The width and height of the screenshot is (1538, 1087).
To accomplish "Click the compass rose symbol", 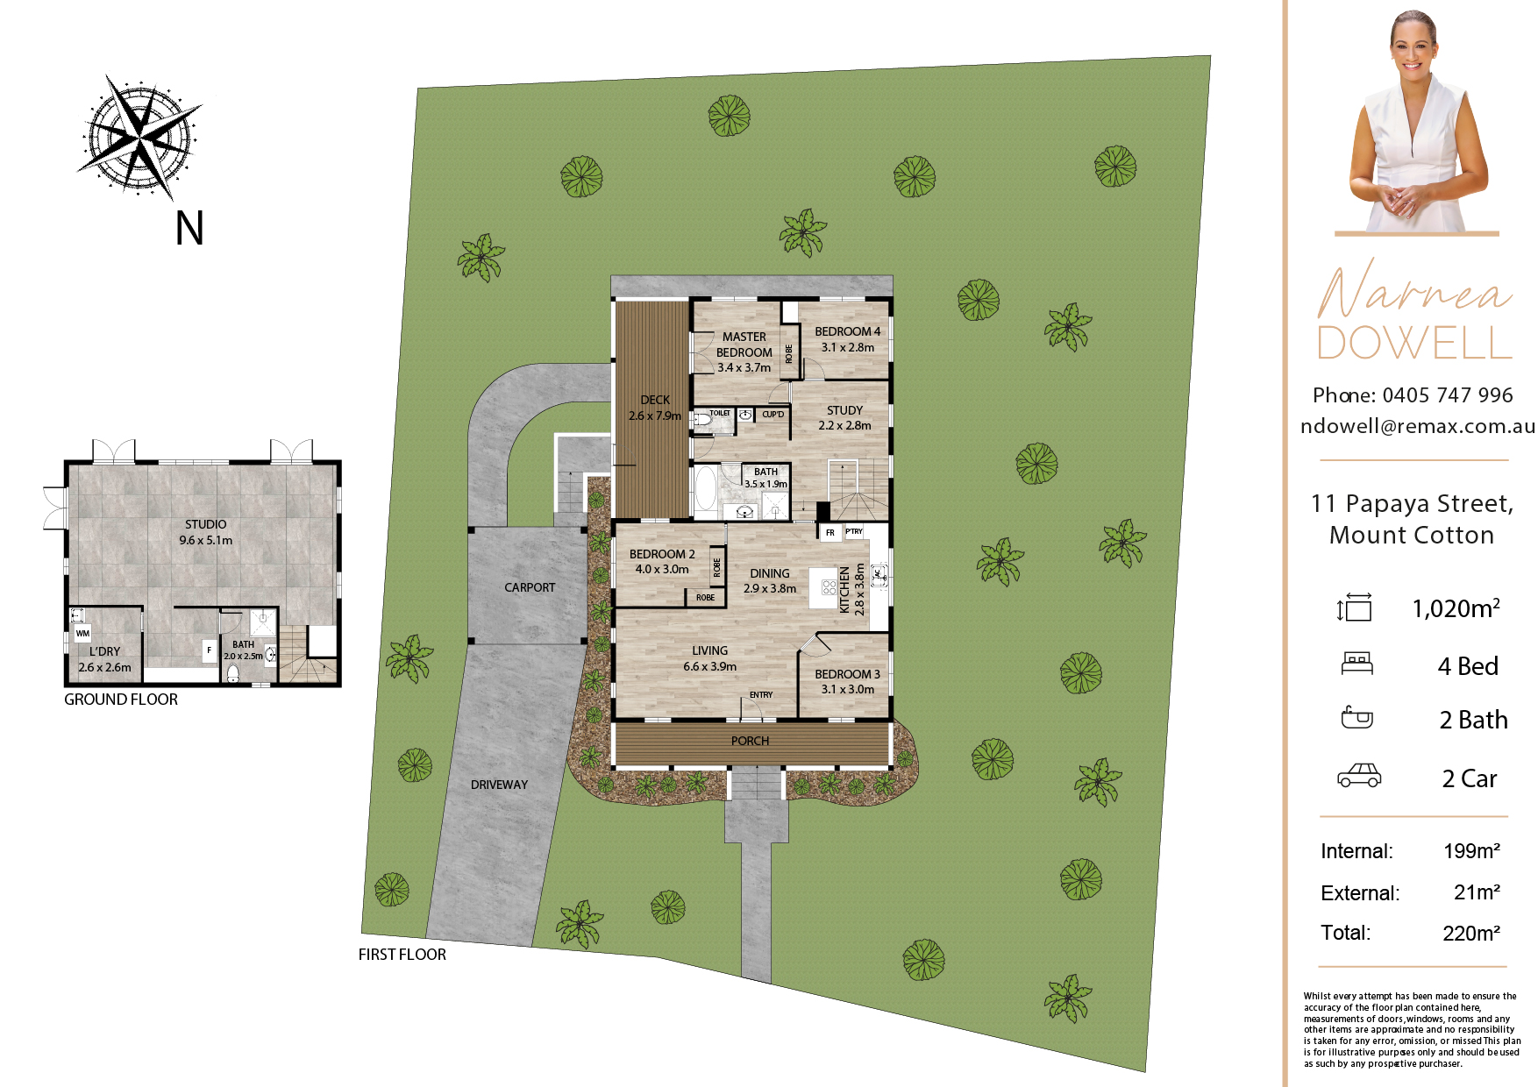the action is [x=140, y=137].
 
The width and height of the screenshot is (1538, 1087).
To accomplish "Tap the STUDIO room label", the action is [x=205, y=524].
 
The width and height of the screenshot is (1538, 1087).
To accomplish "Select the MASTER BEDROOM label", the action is [x=744, y=345].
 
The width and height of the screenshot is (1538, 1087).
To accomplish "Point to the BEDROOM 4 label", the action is [x=847, y=331].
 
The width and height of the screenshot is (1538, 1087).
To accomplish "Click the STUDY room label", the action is [x=844, y=410].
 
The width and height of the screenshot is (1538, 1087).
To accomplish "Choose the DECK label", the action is [x=655, y=400].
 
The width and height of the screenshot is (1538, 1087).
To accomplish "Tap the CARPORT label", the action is [x=530, y=587].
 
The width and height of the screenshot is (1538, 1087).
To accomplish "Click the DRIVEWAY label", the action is [x=499, y=785].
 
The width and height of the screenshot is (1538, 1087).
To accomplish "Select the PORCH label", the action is [x=750, y=741].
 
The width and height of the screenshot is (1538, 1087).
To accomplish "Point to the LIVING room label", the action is [x=709, y=650].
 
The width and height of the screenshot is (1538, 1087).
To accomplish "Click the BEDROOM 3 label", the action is [x=847, y=674].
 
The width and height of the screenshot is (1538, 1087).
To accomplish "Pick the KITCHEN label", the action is [x=845, y=589].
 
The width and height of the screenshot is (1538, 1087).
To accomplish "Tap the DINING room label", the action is [x=770, y=573].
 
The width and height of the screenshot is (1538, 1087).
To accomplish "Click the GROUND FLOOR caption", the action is [x=121, y=700].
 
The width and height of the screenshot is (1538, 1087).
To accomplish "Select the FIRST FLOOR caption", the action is [x=402, y=955].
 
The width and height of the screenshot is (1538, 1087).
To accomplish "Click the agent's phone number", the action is [x=1448, y=395].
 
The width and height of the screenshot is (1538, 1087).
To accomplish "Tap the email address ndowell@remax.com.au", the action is [x=1418, y=426].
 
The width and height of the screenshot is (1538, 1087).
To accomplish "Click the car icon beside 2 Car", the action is [x=1358, y=776].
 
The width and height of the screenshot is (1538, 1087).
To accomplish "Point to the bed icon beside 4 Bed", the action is [x=1356, y=664].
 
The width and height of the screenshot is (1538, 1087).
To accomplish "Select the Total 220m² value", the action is [x=1471, y=934].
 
